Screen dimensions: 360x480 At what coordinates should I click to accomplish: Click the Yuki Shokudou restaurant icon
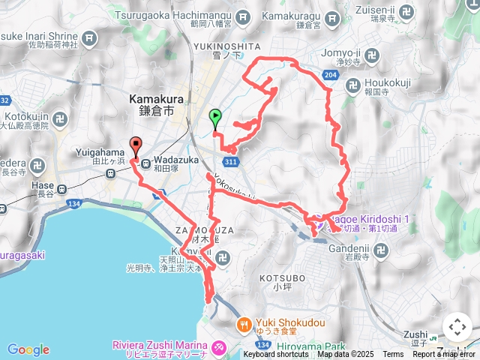click(244, 325)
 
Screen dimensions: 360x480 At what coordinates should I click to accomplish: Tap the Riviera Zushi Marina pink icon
click(219, 347)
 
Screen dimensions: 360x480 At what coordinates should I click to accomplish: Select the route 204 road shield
click(332, 75)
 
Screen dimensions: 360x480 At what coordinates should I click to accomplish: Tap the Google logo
click(28, 349)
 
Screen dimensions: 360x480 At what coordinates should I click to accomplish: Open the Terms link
click(393, 354)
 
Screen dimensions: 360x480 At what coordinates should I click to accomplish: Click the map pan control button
click(457, 327)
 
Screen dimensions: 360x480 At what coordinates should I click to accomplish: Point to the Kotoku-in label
click(28, 117)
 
